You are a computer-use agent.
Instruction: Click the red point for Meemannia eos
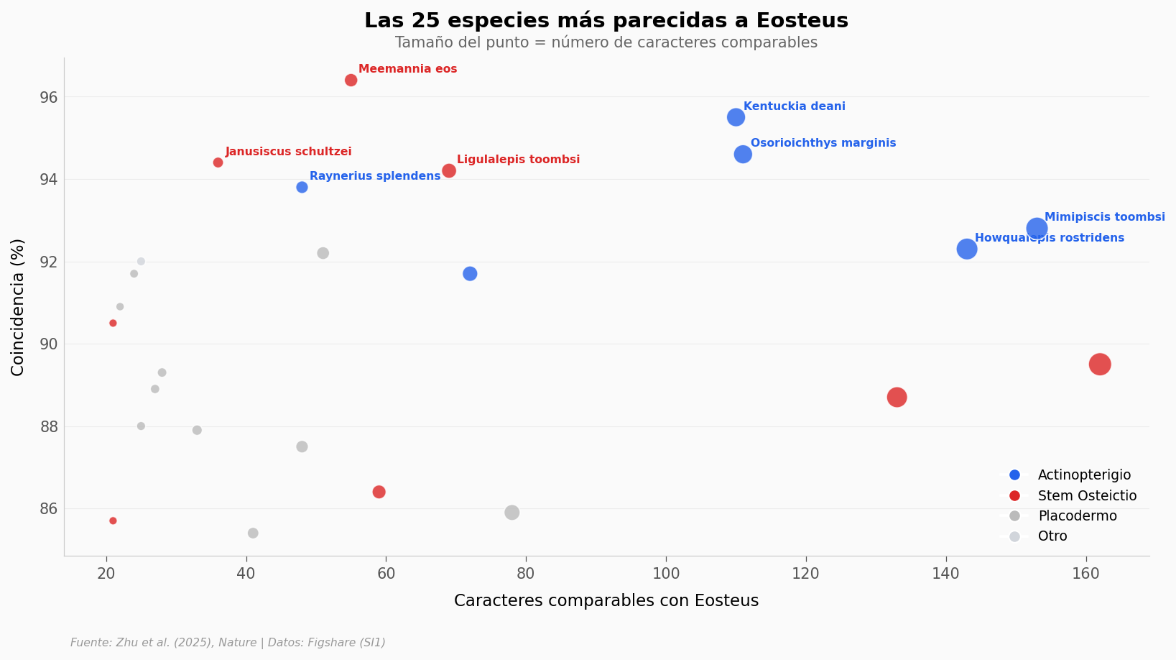tap(351, 80)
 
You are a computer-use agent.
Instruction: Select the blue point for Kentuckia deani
tap(736, 117)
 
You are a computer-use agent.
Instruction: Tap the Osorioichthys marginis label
tap(823, 143)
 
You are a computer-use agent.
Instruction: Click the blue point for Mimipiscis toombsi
tap(1037, 229)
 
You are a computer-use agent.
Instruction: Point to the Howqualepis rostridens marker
tap(967, 249)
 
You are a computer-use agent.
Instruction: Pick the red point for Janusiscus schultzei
tap(218, 162)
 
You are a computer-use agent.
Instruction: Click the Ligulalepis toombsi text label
tap(518, 160)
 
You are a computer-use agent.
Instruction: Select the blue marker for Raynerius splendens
tap(302, 188)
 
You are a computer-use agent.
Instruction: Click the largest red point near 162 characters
tap(1100, 365)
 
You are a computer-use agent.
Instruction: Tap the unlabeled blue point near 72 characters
tap(470, 274)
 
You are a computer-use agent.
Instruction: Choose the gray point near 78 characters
tap(511, 513)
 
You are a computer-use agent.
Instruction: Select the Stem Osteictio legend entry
tap(1087, 496)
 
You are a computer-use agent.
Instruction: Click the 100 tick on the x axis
tap(666, 574)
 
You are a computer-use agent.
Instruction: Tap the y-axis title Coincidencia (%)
tap(18, 307)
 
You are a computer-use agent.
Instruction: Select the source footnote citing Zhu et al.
tap(228, 643)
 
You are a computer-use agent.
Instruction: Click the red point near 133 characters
tap(897, 397)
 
